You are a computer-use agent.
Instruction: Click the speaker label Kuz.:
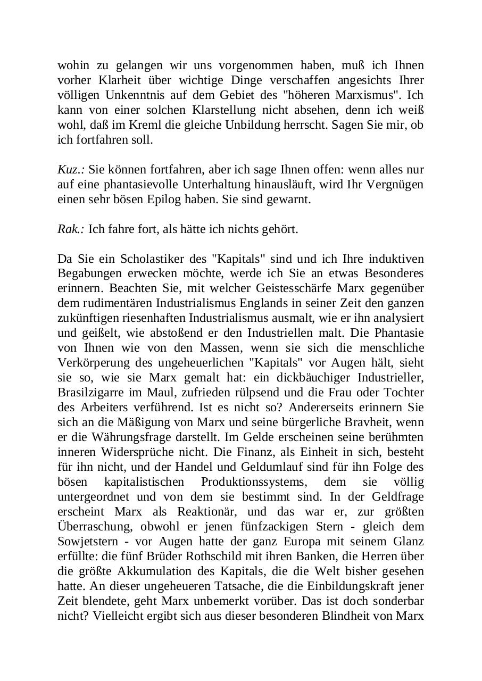coord(71,170)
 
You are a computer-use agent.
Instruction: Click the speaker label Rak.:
coord(71,229)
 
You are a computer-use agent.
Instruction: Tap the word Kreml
coord(155,125)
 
